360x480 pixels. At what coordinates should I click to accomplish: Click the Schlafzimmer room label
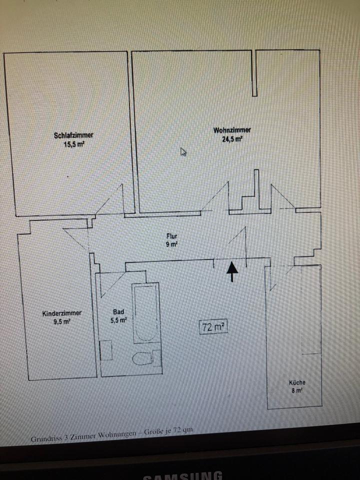[x=73, y=135]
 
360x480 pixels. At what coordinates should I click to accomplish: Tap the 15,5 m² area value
[x=73, y=143]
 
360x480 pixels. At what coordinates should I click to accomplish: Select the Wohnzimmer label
[x=231, y=130]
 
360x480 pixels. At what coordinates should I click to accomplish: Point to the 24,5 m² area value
[x=232, y=139]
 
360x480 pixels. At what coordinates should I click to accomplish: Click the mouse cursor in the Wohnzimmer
[x=183, y=151]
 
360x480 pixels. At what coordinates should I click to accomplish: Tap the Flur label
[x=172, y=236]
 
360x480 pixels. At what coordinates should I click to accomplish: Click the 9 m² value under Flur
[x=172, y=244]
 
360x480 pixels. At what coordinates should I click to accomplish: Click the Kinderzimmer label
[x=62, y=313]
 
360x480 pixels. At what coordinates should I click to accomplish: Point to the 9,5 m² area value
[x=62, y=322]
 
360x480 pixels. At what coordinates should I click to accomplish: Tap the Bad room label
[x=118, y=311]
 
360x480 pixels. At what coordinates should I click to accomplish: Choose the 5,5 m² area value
[x=118, y=320]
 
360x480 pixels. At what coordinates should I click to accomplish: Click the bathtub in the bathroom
[x=146, y=312]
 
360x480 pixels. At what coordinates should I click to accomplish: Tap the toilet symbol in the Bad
[x=145, y=357]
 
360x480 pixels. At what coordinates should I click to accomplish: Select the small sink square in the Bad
[x=106, y=350]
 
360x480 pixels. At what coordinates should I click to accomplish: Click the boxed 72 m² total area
[x=213, y=327]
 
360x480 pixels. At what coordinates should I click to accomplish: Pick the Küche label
[x=297, y=382]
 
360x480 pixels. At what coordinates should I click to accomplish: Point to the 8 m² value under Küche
[x=297, y=391]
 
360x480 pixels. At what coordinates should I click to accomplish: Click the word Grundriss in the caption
[x=45, y=438]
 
